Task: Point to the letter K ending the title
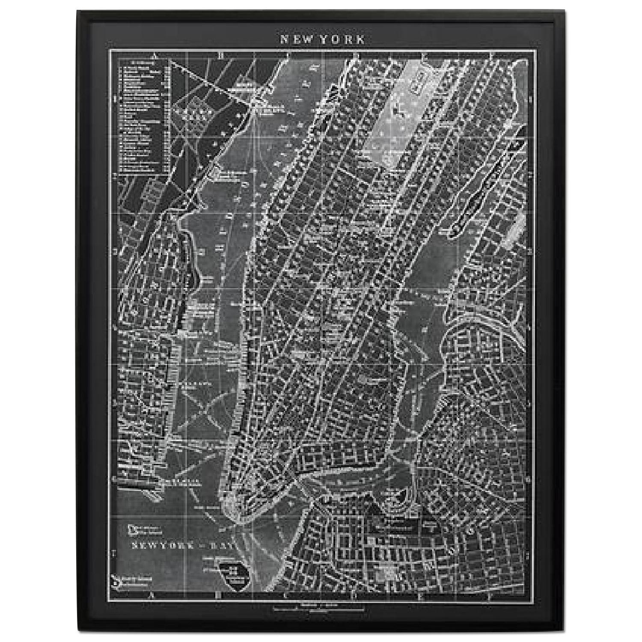pos(361,39)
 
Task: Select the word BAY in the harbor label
pos(224,545)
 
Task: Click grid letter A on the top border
pos(157,55)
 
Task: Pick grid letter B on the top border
pos(220,55)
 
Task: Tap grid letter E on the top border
pos(425,55)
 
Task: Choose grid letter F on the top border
pos(492,55)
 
